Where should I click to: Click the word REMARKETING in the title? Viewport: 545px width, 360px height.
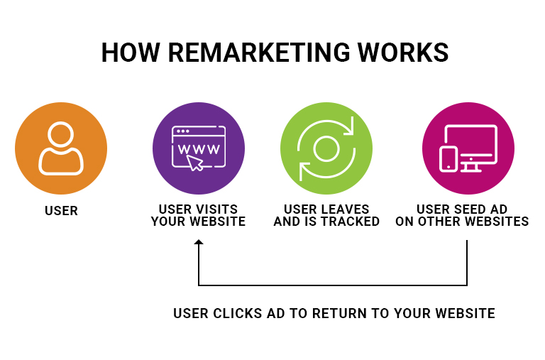pos(259,53)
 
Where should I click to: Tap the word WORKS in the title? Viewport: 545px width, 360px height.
pos(403,53)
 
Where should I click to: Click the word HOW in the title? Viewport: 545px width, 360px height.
pos(131,53)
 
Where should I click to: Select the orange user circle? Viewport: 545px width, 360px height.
pos(61,148)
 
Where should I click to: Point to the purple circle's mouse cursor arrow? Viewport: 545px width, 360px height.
pos(195,163)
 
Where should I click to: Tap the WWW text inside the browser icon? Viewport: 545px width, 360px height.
pos(199,149)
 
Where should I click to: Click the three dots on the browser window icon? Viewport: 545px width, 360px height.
pos(183,131)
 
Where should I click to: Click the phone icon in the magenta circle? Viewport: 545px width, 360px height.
pos(448,159)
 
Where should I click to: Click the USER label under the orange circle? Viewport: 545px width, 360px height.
pos(61,211)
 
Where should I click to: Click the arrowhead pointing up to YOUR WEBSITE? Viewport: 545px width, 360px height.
pos(199,242)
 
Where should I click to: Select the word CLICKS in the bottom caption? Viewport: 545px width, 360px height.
pos(237,313)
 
